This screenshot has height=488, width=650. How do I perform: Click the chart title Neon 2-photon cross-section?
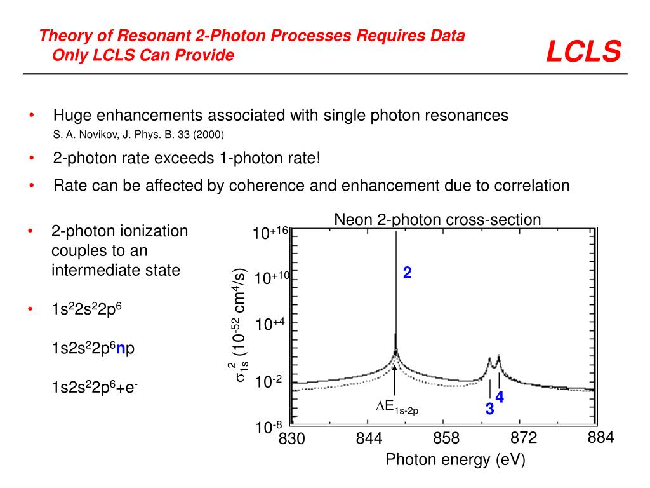(437, 220)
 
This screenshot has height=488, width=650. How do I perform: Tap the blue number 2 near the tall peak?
(408, 273)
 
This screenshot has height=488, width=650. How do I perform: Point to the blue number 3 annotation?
(489, 409)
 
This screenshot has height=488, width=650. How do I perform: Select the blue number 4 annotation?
(500, 397)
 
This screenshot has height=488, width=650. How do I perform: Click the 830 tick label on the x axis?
(292, 439)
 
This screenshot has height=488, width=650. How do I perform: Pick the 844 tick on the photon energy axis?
(369, 438)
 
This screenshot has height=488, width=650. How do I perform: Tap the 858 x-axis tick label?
(446, 438)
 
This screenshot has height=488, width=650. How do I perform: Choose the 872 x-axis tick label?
(524, 438)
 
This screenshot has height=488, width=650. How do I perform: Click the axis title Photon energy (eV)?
(456, 460)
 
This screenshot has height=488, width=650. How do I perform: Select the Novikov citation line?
(138, 135)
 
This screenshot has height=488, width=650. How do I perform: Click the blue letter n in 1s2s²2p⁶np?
(119, 349)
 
